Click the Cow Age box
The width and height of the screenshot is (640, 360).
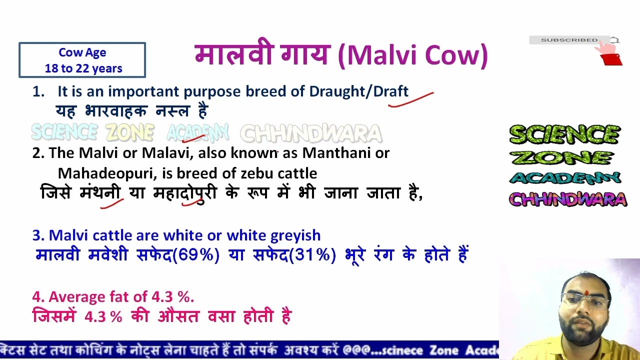tap(82, 60)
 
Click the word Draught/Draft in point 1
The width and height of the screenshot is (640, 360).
tap(358, 91)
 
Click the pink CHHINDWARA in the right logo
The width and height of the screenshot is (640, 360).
tap(567, 200)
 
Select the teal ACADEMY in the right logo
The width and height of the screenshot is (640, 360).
tap(565, 178)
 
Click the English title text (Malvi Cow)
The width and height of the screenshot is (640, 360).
tap(412, 55)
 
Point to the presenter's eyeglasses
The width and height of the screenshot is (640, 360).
tap(584, 301)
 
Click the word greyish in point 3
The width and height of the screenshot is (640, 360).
tap(295, 235)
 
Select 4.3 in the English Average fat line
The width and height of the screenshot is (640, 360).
tap(162, 296)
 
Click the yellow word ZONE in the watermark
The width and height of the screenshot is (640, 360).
tap(129, 132)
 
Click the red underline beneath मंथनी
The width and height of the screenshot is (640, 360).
tap(112, 203)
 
